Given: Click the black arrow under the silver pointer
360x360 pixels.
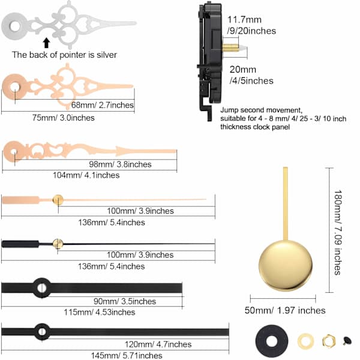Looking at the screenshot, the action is pyautogui.click(x=47, y=43).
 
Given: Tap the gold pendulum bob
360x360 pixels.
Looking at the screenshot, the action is pyautogui.click(x=286, y=266).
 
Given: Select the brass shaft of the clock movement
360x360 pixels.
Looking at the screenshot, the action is pyautogui.click(x=230, y=48).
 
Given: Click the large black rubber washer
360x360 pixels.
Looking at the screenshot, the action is pyautogui.click(x=272, y=341).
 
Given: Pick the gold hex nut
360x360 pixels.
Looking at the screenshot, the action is pyautogui.click(x=329, y=341).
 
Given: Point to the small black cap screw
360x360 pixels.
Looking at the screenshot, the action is pyautogui.click(x=347, y=341).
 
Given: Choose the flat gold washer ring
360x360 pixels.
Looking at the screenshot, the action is pyautogui.click(x=305, y=341).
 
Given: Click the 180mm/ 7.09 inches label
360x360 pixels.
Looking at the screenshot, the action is pyautogui.click(x=338, y=232).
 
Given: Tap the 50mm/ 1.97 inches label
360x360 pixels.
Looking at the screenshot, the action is pyautogui.click(x=285, y=310).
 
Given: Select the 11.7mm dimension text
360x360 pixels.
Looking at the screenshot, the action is pyautogui.click(x=244, y=20).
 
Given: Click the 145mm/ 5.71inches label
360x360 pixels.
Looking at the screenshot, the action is pyautogui.click(x=127, y=355).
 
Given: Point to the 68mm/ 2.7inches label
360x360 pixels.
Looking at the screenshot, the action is pyautogui.click(x=103, y=105).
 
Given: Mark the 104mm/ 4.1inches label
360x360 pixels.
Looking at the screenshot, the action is pyautogui.click(x=86, y=175).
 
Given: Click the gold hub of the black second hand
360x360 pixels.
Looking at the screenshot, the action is pyautogui.click(x=58, y=244).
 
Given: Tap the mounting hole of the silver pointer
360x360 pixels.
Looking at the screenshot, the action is pyautogui.click(x=15, y=26).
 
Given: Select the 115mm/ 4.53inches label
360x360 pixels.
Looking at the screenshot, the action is pyautogui.click(x=100, y=312).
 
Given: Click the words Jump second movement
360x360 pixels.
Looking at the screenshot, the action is pyautogui.click(x=262, y=110).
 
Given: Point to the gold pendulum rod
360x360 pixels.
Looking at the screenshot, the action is pyautogui.click(x=286, y=204).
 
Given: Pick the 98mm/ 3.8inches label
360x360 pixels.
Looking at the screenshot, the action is pyautogui.click(x=121, y=164).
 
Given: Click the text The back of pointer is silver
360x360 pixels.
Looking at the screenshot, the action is pyautogui.click(x=64, y=55).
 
